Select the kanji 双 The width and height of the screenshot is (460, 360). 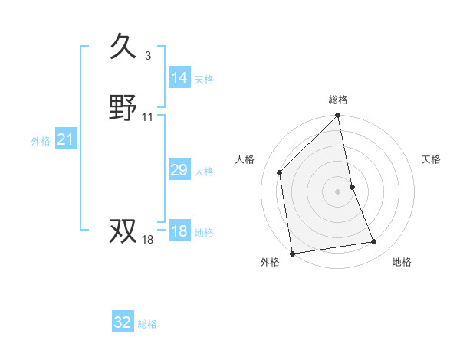pyautogui.click(x=124, y=230)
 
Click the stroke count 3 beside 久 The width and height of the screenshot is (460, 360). pyautogui.click(x=147, y=55)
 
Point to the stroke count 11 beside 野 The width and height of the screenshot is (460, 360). pyautogui.click(x=148, y=117)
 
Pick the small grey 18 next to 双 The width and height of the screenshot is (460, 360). pyautogui.click(x=148, y=240)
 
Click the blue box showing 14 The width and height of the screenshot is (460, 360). pyautogui.click(x=179, y=78)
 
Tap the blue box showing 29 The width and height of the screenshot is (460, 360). pyautogui.click(x=179, y=170)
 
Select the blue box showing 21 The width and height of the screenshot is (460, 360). pyautogui.click(x=66, y=140)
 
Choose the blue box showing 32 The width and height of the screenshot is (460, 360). pyautogui.click(x=123, y=322)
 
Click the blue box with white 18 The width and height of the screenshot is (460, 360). pyautogui.click(x=179, y=232)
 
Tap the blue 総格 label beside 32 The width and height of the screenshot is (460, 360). pyautogui.click(x=147, y=324)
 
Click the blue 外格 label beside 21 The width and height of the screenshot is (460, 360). pyautogui.click(x=41, y=141)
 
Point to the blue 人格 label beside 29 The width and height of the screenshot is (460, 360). pyautogui.click(x=204, y=172)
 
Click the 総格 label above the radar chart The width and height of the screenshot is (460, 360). pyautogui.click(x=338, y=100)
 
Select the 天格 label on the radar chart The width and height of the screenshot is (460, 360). pyautogui.click(x=432, y=159)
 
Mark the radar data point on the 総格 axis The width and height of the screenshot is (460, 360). pyautogui.click(x=338, y=116)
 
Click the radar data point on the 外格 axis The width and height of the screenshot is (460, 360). pyautogui.click(x=292, y=253)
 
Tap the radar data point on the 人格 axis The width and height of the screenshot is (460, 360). pyautogui.click(x=280, y=172)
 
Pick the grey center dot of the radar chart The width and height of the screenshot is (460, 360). pyautogui.click(x=338, y=191)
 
